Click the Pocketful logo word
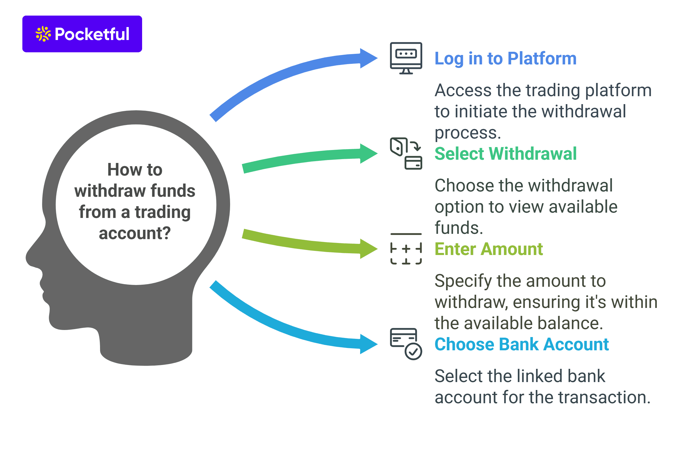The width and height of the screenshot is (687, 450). (92, 34)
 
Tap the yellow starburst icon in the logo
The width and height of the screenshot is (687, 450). (43, 34)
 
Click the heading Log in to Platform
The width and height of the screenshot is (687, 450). (505, 59)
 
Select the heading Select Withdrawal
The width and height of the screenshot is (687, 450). (505, 154)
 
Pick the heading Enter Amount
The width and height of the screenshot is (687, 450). (488, 249)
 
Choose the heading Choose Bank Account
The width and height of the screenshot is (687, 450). (521, 344)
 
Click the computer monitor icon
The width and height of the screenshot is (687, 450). (406, 58)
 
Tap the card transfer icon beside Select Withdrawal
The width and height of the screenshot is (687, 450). (406, 153)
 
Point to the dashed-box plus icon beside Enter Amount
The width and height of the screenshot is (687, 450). (406, 249)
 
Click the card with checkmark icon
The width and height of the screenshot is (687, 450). (406, 344)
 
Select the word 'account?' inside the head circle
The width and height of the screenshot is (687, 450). (135, 233)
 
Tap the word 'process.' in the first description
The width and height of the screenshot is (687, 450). (468, 133)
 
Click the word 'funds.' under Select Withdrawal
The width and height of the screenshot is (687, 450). (459, 228)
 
